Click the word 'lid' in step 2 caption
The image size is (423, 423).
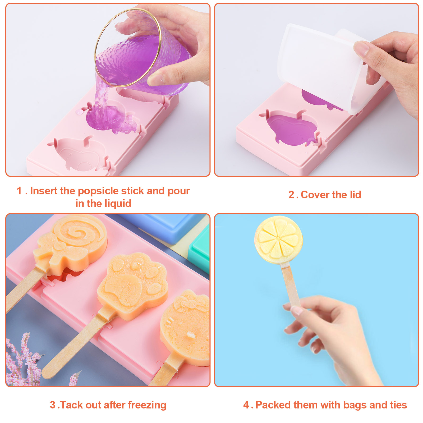[x=356, y=195]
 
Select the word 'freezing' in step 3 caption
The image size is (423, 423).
[x=147, y=405]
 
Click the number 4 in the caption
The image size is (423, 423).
[x=246, y=405]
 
